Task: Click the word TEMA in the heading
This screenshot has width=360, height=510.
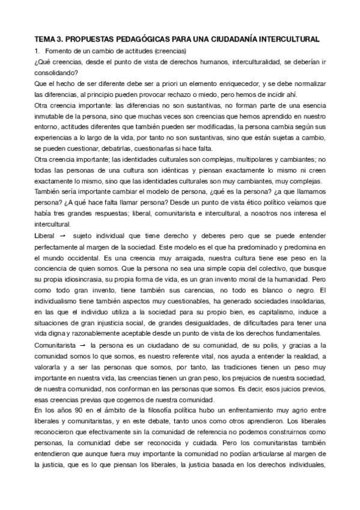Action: pyautogui.click(x=44, y=38)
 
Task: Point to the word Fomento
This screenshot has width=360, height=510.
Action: pyautogui.click(x=61, y=50)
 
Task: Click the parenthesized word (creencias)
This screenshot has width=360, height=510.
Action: pyautogui.click(x=169, y=50)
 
